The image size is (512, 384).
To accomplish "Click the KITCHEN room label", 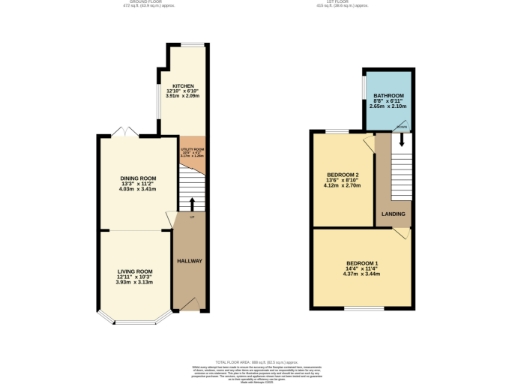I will point(182,85).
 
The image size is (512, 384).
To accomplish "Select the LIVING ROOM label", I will point(134,271).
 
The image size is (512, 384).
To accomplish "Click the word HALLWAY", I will point(189,261).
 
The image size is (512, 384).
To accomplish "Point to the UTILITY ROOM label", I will point(192,149).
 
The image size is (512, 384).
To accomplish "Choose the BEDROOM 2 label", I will point(343,175).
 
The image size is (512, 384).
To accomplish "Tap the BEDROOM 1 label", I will point(361,262).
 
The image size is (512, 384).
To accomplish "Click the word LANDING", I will point(392,212).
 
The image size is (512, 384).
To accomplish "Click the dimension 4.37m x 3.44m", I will point(361,273).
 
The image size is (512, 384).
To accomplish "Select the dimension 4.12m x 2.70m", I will point(343,186).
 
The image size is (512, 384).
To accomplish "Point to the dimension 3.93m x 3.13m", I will point(134,282).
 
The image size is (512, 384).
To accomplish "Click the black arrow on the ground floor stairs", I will point(192,203).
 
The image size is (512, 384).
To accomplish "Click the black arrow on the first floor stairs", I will point(402,140).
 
